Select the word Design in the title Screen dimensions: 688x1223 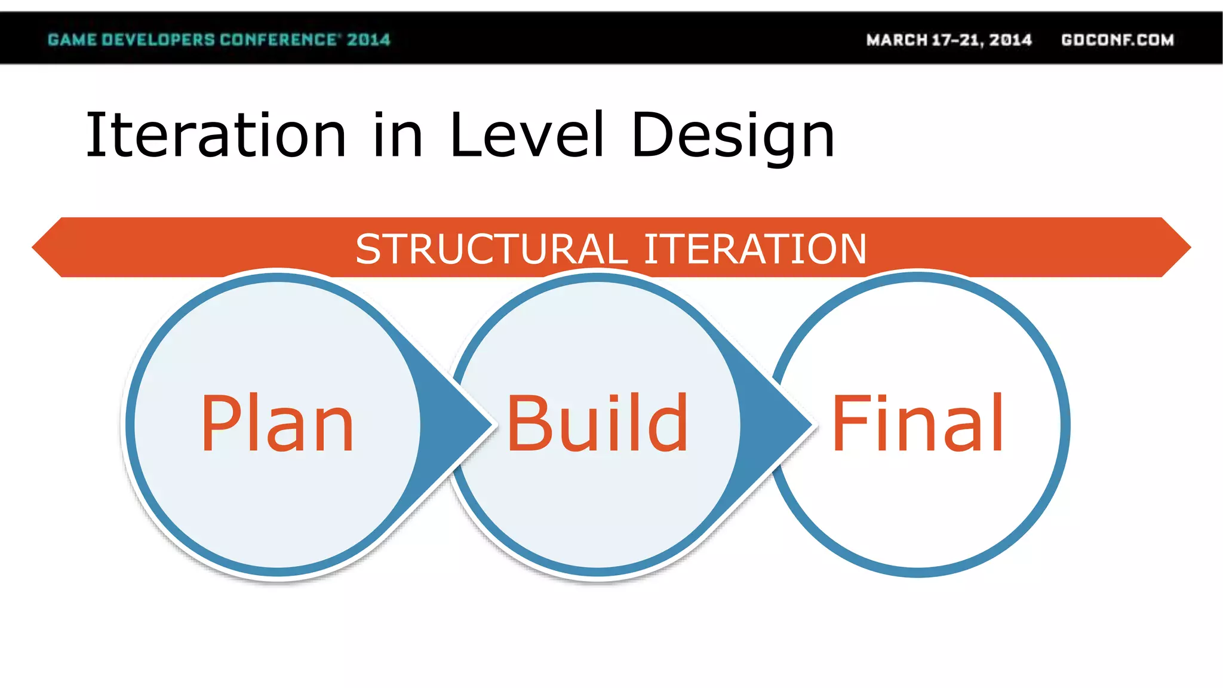click(733, 136)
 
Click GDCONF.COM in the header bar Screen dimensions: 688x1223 click(1117, 40)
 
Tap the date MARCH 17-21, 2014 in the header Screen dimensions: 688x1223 click(949, 40)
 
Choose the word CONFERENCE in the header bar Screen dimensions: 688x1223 click(278, 40)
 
